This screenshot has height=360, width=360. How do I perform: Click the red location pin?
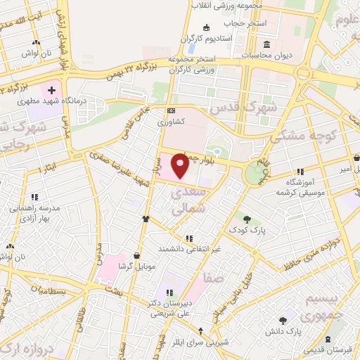click(181, 167)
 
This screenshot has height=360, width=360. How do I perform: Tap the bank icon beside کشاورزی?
click(171, 111)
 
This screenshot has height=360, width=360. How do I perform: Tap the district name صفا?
click(213, 278)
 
